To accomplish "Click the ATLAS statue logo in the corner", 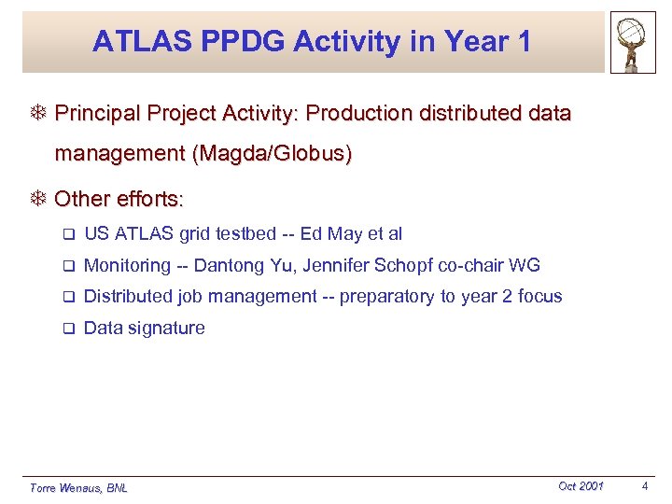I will [632, 43].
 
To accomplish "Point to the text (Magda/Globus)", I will [272, 153].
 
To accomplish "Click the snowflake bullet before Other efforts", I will [38, 199].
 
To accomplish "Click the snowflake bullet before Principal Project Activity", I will [38, 114].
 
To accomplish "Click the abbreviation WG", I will [525, 265].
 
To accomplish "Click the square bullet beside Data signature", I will [68, 329].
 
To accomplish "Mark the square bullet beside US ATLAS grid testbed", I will [68, 234].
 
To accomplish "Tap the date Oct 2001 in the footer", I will [581, 485].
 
